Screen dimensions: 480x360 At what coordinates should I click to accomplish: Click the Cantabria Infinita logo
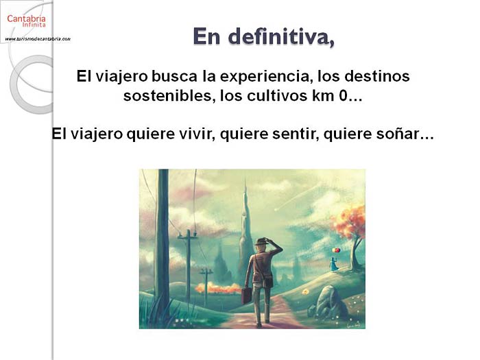pos(26,21)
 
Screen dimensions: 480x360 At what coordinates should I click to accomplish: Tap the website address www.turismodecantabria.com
pos(38,39)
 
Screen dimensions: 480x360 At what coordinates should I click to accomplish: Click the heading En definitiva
pos(263,37)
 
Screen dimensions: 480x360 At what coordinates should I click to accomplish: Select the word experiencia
pos(265,77)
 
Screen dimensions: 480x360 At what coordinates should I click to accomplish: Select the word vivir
pos(195,134)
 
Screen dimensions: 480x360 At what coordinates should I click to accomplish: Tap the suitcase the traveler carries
pos(246,295)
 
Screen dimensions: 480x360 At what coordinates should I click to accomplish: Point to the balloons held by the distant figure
pos(336,250)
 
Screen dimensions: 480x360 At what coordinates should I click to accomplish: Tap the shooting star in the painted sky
pos(296,197)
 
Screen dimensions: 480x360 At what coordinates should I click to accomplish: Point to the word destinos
pos(377,77)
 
